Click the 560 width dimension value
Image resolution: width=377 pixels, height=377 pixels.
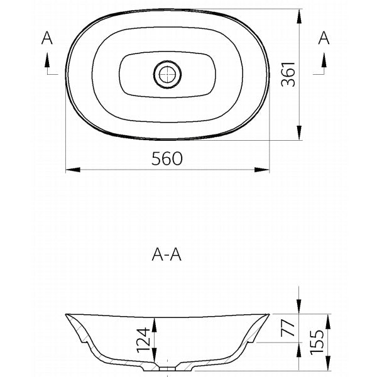(167, 159)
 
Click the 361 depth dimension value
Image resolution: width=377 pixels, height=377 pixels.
(287, 74)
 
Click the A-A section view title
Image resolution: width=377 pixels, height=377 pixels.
(167, 254)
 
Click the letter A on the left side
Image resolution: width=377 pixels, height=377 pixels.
(46, 39)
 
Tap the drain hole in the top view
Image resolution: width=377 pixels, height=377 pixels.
(167, 74)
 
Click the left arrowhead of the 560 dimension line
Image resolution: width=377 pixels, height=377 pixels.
(71, 169)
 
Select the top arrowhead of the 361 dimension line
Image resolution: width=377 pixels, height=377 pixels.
(299, 14)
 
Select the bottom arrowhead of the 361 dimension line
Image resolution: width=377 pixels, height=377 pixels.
(299, 134)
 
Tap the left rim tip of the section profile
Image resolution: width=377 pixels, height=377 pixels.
(67, 315)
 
